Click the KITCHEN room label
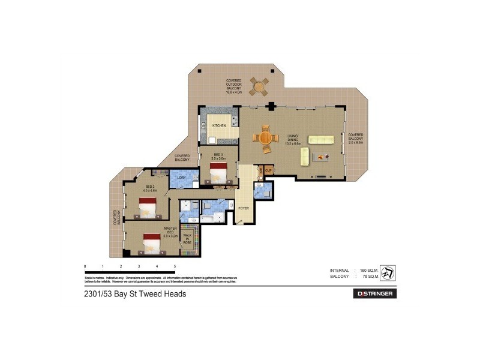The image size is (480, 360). coord(218,125)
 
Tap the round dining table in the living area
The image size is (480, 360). coord(265,139)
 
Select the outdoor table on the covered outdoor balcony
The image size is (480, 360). coord(260,86)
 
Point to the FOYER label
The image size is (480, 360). coord(244,208)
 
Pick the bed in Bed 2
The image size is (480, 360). coord(148,208)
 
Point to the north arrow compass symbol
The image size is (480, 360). coord(388,273)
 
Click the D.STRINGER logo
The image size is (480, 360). coord(374,294)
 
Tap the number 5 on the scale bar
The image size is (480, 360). coord(175,265)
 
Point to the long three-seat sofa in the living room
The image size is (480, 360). coord(321,139)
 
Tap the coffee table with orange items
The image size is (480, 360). coord(324,157)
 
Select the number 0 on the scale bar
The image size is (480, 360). coord(85,265)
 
